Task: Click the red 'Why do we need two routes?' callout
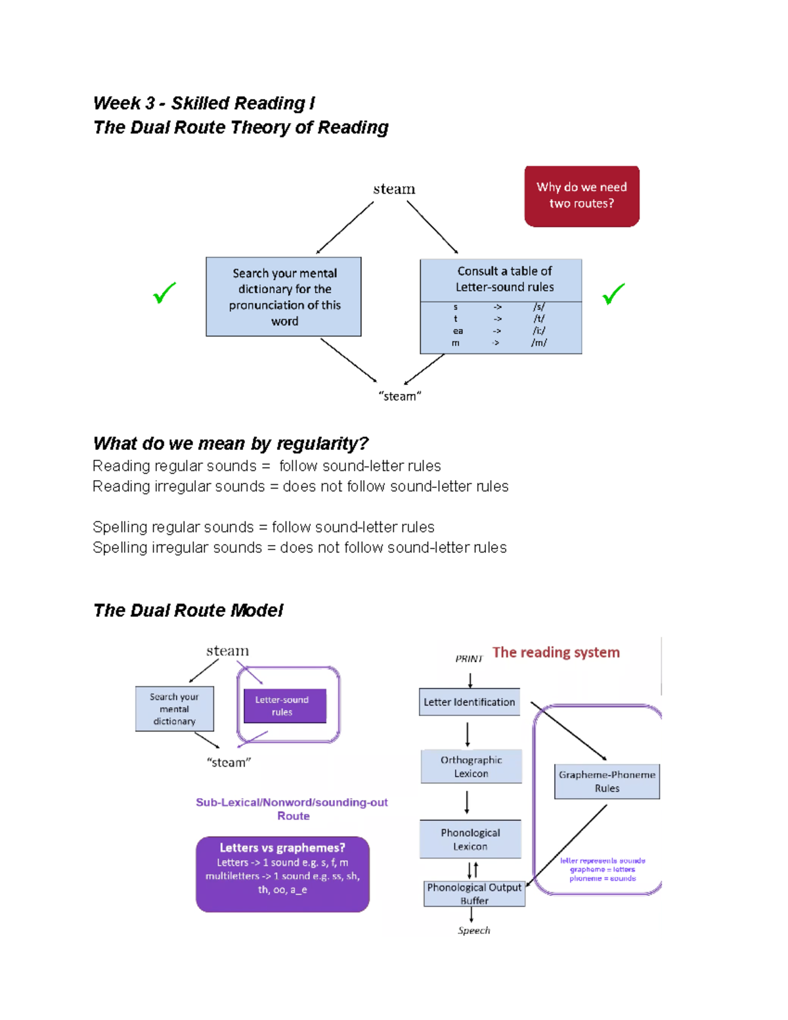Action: (582, 196)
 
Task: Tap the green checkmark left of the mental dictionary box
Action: (164, 292)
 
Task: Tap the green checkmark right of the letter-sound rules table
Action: (613, 294)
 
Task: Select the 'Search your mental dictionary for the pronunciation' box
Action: (284, 297)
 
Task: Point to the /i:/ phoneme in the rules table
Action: (539, 331)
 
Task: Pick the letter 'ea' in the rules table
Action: (458, 331)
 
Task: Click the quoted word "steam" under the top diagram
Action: (400, 396)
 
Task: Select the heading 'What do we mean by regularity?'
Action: (230, 443)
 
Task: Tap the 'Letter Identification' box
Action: (470, 702)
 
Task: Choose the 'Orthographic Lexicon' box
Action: (471, 766)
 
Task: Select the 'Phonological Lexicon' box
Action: (470, 839)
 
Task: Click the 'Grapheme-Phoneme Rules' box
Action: (607, 782)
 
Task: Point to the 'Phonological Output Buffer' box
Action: (474, 894)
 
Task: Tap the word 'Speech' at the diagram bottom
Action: (474, 930)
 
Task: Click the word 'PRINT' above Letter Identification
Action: (469, 659)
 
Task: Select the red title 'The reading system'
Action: (556, 652)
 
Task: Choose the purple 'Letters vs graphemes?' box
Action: (282, 874)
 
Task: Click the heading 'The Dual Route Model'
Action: (188, 610)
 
